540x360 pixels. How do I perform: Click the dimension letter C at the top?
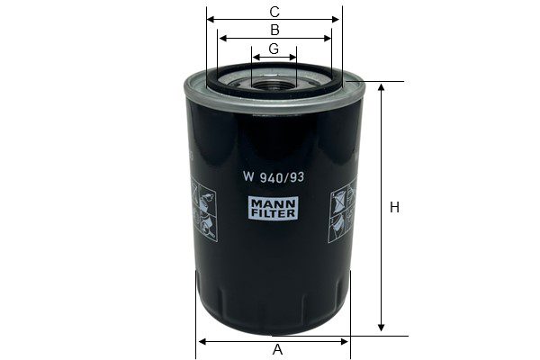pyautogui.click(x=274, y=12)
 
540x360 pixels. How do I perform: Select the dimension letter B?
pyautogui.click(x=274, y=30)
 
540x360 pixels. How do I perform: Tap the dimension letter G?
pyautogui.click(x=274, y=49)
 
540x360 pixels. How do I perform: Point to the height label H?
pyautogui.click(x=395, y=207)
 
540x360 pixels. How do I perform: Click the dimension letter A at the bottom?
pyautogui.click(x=277, y=349)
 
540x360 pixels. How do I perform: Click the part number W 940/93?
pyautogui.click(x=274, y=177)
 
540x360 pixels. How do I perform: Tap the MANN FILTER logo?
pyautogui.click(x=274, y=208)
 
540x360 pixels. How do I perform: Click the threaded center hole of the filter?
pyautogui.click(x=274, y=84)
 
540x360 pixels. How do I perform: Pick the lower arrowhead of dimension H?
pyautogui.click(x=381, y=327)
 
